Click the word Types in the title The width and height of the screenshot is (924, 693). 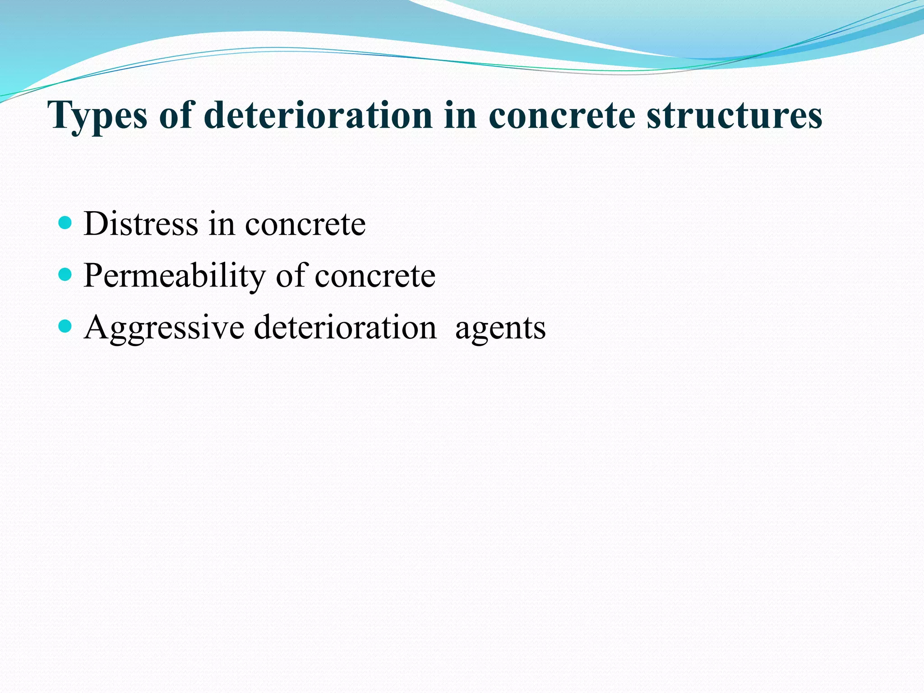(97, 115)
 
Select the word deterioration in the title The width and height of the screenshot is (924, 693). (318, 115)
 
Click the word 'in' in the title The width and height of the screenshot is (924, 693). (460, 115)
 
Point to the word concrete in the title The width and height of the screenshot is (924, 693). (562, 115)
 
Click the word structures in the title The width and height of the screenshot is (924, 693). (735, 115)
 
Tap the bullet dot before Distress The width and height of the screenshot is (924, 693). (65, 222)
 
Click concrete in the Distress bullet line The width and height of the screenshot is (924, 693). (305, 225)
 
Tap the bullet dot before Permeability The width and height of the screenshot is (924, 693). (65, 274)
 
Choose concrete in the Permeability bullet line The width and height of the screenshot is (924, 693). (375, 276)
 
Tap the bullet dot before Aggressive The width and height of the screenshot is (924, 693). (65, 326)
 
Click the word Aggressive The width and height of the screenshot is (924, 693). (164, 328)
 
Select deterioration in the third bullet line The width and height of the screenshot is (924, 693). (345, 327)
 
